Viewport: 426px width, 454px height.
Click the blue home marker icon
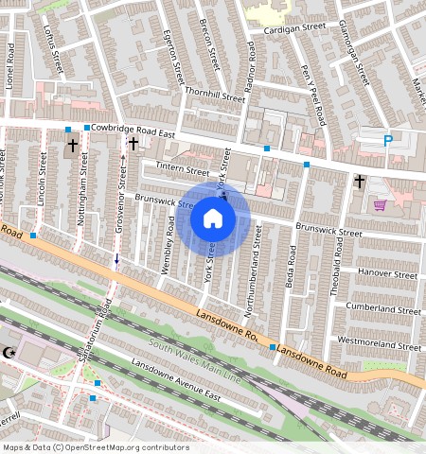(x=213, y=219)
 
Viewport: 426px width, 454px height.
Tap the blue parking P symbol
(x=387, y=141)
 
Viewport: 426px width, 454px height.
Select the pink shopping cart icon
(x=380, y=205)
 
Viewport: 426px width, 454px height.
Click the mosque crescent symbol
(x=10, y=352)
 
